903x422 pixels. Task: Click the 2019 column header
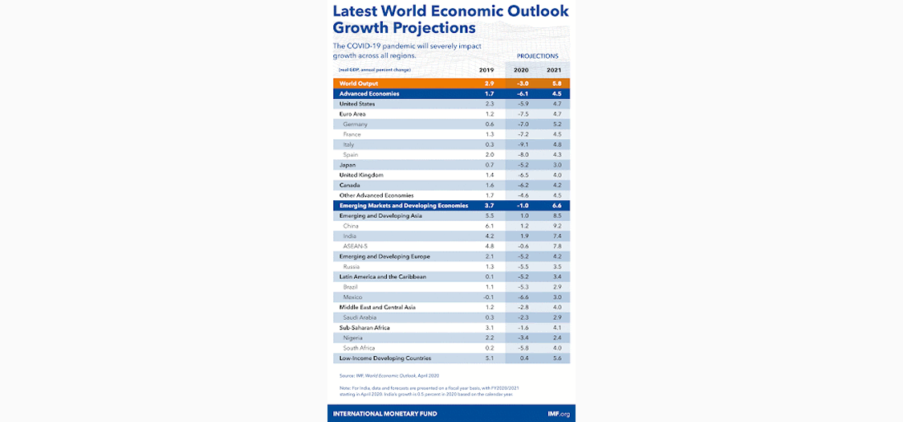click(x=490, y=70)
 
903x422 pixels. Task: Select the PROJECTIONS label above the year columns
click(x=537, y=56)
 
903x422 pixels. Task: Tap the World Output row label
click(x=359, y=84)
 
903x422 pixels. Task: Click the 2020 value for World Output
click(x=522, y=84)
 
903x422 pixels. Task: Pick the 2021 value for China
click(x=554, y=226)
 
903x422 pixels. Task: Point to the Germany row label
click(x=355, y=125)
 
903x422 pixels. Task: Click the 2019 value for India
click(x=490, y=236)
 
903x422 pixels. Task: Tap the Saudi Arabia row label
click(x=360, y=318)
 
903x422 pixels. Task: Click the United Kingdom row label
click(x=361, y=175)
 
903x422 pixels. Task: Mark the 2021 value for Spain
click(x=554, y=154)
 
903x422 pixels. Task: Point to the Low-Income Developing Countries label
click(x=385, y=358)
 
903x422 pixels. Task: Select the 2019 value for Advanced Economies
click(x=490, y=94)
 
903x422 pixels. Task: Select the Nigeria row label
click(x=354, y=338)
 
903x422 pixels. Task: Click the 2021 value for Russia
click(x=554, y=266)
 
